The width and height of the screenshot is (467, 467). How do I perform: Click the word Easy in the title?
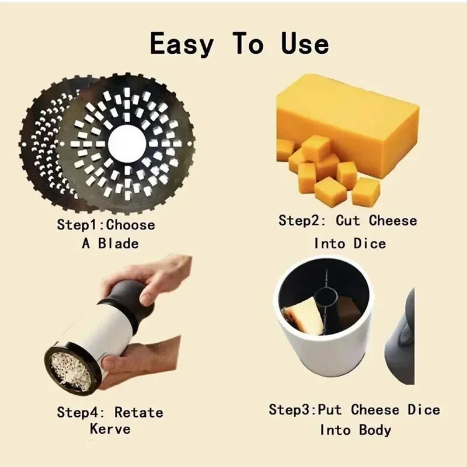(182, 44)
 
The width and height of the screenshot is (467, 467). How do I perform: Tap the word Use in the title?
(305, 43)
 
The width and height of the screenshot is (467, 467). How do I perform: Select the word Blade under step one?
(119, 243)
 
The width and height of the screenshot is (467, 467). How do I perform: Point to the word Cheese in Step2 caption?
(393, 221)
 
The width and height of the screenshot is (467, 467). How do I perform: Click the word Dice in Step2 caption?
(370, 243)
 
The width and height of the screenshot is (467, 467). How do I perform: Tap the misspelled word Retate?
(139, 413)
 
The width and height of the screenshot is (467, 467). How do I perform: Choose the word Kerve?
(110, 429)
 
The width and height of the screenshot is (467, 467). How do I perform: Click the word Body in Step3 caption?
(375, 430)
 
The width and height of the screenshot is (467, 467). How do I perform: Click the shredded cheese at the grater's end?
(71, 370)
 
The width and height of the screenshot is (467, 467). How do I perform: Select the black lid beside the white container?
(400, 337)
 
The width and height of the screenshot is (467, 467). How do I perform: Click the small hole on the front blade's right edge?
(190, 144)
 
